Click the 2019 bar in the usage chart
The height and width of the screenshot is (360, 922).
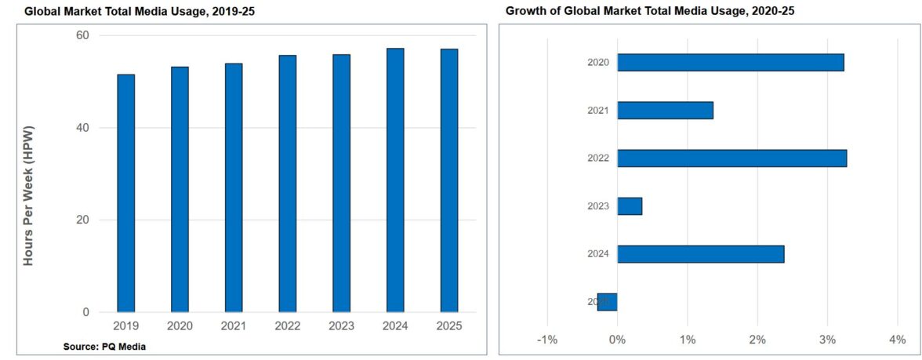click(125, 193)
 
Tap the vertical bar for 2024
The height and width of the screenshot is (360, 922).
click(395, 180)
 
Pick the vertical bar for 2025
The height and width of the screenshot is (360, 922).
click(449, 180)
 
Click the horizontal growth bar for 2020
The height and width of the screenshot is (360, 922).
click(730, 62)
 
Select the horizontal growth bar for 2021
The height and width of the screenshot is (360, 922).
click(665, 110)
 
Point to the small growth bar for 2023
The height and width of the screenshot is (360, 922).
click(630, 206)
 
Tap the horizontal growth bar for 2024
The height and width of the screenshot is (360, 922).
click(700, 254)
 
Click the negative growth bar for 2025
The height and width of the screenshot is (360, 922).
click(608, 302)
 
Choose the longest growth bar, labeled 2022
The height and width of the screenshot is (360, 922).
click(731, 158)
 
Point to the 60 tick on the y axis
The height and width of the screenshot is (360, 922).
click(82, 35)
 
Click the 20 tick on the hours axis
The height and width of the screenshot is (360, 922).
click(82, 220)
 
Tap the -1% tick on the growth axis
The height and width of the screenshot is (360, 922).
click(546, 340)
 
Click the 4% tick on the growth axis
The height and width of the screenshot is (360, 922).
click(898, 340)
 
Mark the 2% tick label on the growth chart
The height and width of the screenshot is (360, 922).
click(757, 340)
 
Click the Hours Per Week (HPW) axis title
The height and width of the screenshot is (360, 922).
click(29, 193)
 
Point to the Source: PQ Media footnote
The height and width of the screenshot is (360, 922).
click(104, 346)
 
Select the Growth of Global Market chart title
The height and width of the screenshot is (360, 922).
click(651, 11)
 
